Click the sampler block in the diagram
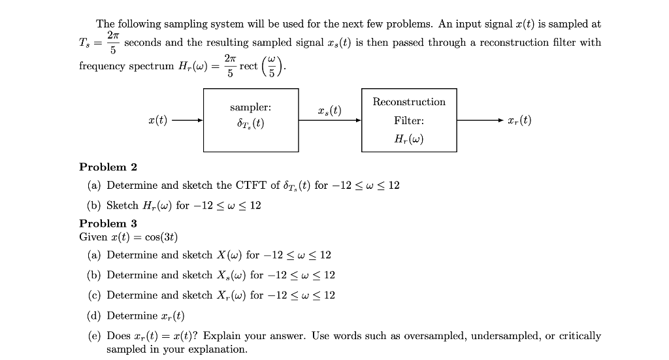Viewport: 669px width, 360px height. coord(251,120)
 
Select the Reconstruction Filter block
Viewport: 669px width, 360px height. coord(408,120)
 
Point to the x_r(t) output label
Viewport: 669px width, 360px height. coord(520,120)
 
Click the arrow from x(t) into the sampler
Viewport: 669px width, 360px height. coord(189,120)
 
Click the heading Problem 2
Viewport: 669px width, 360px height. coord(108,167)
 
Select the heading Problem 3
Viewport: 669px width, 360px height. coord(108,223)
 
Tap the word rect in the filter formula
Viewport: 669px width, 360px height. coord(248,66)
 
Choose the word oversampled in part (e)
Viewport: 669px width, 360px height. coord(435,336)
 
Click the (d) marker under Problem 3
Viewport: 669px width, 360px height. coord(93,316)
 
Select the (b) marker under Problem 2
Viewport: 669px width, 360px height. coord(93,205)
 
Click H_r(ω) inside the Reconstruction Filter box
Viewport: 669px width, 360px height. coord(408,139)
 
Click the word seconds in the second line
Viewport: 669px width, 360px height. coord(143,42)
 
